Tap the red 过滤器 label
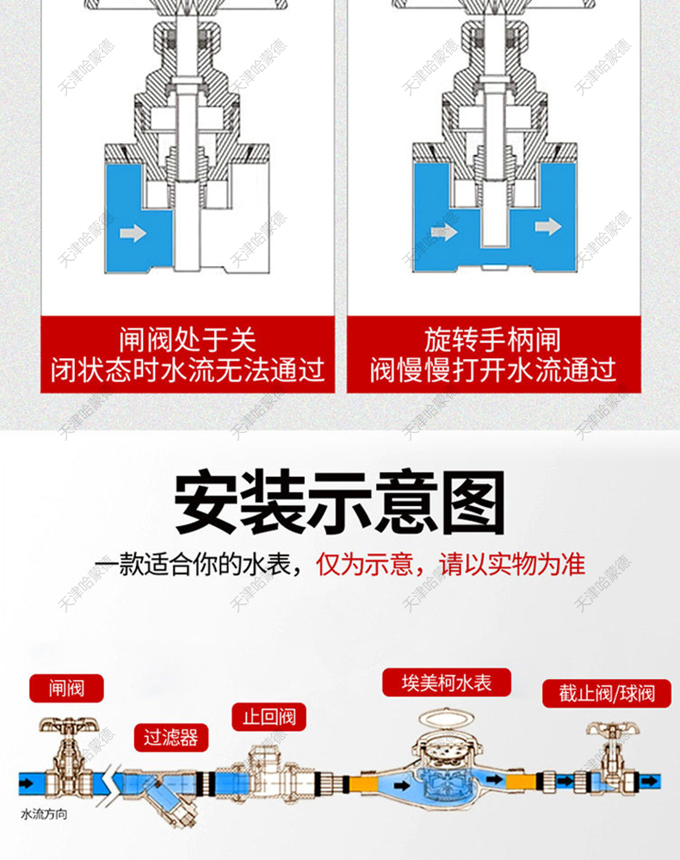click(170, 737)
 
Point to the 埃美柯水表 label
click(447, 683)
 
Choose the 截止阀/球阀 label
click(607, 693)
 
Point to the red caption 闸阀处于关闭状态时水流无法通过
click(188, 354)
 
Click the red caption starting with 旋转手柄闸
click(493, 354)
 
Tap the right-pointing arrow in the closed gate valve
click(133, 232)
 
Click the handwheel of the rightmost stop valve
click(611, 731)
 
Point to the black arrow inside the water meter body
click(496, 780)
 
